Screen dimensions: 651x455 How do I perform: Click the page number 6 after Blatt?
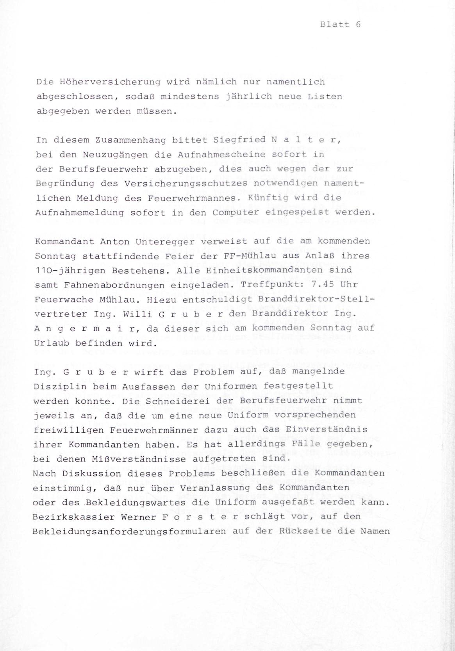(x=358, y=24)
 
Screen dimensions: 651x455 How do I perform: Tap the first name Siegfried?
(x=237, y=139)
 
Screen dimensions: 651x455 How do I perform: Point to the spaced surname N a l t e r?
(x=307, y=139)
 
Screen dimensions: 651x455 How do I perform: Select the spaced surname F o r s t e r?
(x=199, y=517)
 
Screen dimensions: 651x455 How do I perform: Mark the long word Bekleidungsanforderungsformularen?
(x=129, y=531)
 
